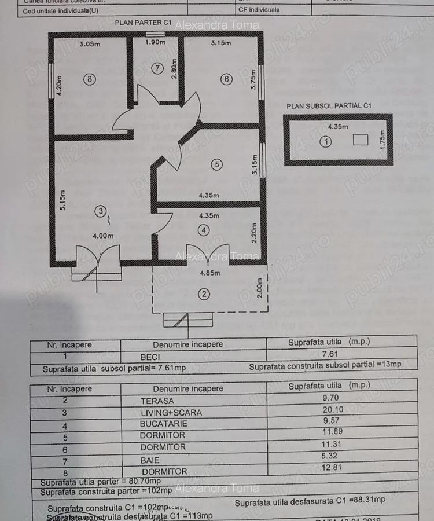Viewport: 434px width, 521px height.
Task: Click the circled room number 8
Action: pos(88,80)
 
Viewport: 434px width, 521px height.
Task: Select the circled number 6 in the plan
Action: pos(226,79)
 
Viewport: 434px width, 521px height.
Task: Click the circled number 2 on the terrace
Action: pos(204,294)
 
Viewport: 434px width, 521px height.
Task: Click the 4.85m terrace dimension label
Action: pos(209,273)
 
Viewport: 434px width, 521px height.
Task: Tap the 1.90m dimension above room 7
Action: pos(155,42)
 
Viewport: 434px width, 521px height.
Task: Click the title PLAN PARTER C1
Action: pos(144,23)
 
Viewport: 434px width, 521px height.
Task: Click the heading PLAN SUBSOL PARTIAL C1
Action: pos(328,106)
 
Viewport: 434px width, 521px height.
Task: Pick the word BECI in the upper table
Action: pos(150,358)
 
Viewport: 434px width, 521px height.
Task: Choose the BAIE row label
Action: pos(148,460)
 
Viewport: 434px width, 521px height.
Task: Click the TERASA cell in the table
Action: pos(157,401)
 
